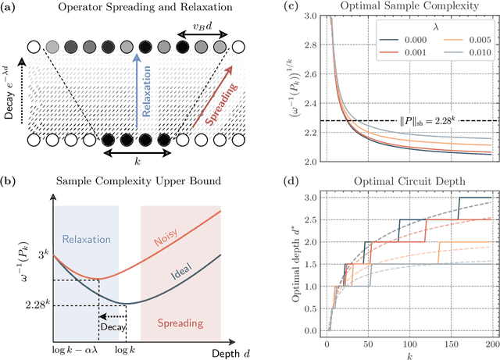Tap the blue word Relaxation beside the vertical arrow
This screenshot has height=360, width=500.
point(147,91)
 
